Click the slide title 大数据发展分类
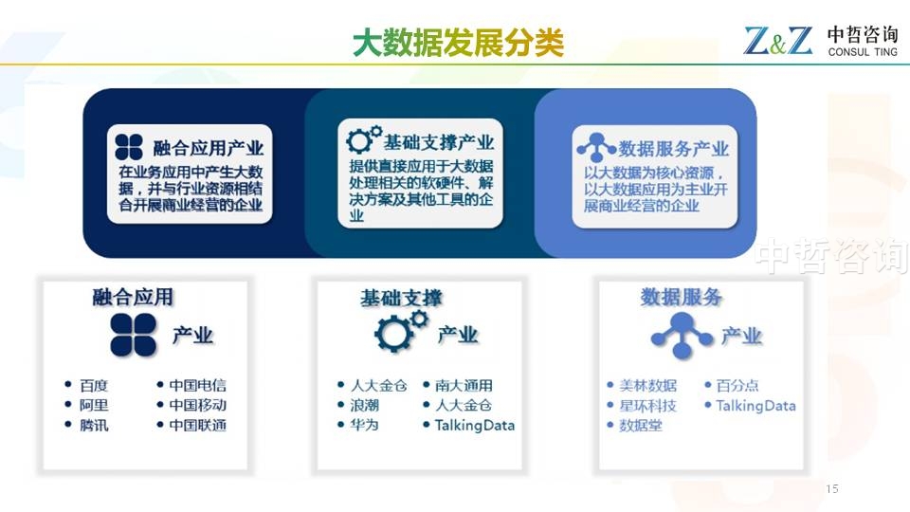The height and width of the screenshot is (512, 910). [x=458, y=43]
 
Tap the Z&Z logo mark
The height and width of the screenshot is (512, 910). [x=778, y=41]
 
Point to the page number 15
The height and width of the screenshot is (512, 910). [x=832, y=489]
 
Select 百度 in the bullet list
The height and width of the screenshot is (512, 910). [x=94, y=386]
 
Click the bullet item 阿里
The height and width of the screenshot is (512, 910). [x=94, y=405]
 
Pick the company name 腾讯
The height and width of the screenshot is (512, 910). [x=94, y=426]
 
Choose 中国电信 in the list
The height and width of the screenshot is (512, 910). [x=198, y=386]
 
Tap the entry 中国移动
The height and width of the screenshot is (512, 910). [x=198, y=405]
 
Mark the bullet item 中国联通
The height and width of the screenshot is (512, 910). [x=198, y=426]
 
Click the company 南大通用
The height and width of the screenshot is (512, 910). [x=464, y=386]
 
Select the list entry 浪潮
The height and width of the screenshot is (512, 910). [x=364, y=405]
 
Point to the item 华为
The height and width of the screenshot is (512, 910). [x=364, y=425]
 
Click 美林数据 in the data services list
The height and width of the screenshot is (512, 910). [x=647, y=386]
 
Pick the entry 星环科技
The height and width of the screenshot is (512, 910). [x=647, y=406]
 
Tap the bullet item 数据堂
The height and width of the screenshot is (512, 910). [x=641, y=426]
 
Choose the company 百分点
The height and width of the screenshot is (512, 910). [x=737, y=386]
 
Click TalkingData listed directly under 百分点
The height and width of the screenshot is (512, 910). [x=755, y=406]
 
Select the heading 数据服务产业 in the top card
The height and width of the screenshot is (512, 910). [x=673, y=149]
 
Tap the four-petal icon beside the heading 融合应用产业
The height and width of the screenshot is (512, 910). [x=129, y=147]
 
